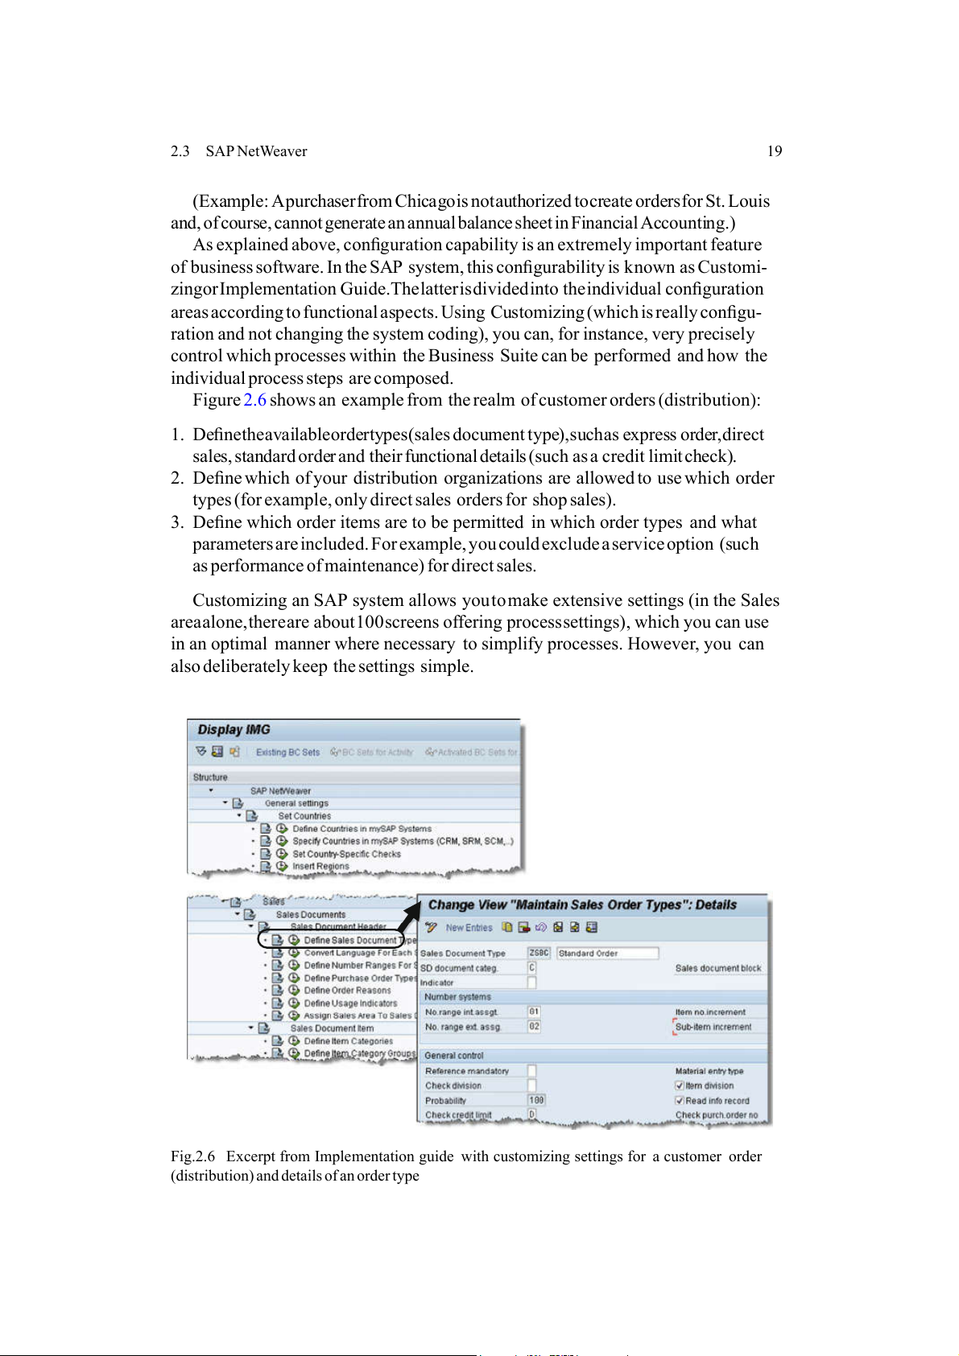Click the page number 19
(x=774, y=151)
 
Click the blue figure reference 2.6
(x=254, y=400)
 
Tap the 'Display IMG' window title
(x=234, y=729)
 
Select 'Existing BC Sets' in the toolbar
(x=287, y=752)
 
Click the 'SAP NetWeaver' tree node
(x=280, y=791)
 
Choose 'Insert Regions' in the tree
(x=320, y=867)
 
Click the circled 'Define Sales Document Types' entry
(x=350, y=940)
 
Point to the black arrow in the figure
(x=411, y=915)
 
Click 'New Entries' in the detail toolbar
(x=469, y=928)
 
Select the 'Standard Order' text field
(x=607, y=954)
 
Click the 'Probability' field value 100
(x=536, y=1100)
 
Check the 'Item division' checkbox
(x=680, y=1086)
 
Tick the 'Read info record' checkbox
(x=680, y=1101)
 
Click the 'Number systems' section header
(x=457, y=997)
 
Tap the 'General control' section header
(x=454, y=1056)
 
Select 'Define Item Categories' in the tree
(x=348, y=1041)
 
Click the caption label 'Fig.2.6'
(x=192, y=1156)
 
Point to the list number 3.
(x=176, y=522)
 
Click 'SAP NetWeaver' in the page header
(x=256, y=151)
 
